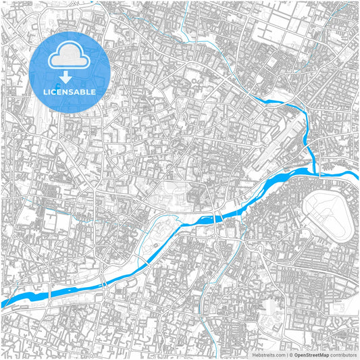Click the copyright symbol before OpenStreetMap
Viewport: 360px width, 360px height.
tap(290, 355)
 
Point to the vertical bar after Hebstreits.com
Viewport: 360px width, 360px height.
tap(286, 355)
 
